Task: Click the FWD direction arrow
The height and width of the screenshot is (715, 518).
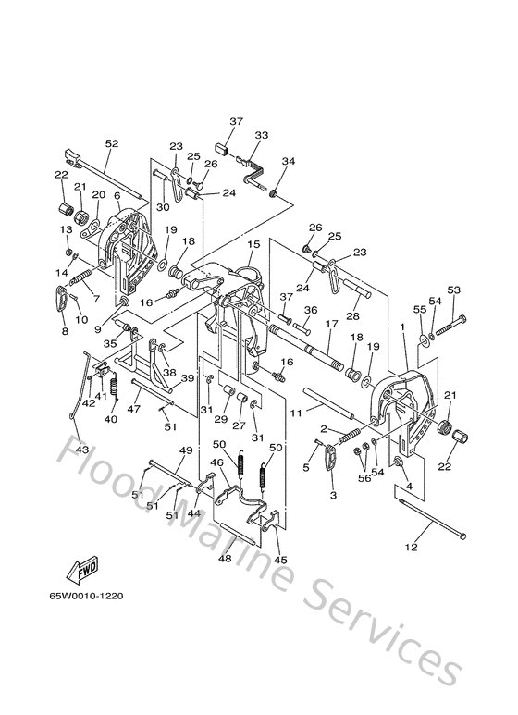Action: click(82, 570)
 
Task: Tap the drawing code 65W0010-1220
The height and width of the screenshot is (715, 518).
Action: click(87, 596)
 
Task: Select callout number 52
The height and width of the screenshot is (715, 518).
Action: click(112, 143)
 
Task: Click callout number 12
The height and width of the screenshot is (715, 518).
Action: click(412, 547)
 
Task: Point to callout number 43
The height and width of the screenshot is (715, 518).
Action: click(82, 450)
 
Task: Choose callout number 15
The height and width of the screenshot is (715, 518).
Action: click(253, 244)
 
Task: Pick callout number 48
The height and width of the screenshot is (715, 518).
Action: click(225, 558)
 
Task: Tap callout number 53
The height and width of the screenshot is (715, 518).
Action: click(453, 290)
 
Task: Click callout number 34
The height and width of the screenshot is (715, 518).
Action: click(289, 161)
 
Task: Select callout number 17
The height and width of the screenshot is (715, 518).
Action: click(331, 324)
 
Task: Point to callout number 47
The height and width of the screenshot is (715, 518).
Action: click(133, 409)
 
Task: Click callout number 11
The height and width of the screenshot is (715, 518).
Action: click(296, 413)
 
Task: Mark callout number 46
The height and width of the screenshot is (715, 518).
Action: click(216, 462)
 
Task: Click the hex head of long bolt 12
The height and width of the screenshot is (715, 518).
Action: click(462, 536)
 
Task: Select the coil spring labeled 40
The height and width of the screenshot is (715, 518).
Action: click(114, 386)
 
